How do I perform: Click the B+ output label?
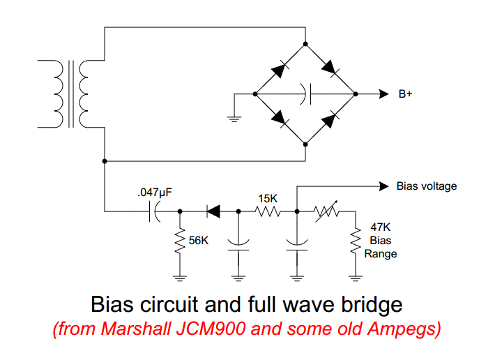[405, 94]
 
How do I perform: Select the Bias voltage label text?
[427, 186]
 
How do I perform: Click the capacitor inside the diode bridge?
[305, 93]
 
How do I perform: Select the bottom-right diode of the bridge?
[330, 119]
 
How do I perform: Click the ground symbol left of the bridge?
[234, 115]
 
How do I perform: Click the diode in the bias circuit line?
[211, 210]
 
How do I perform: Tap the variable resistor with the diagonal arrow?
[326, 210]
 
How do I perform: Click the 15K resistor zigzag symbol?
[268, 210]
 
